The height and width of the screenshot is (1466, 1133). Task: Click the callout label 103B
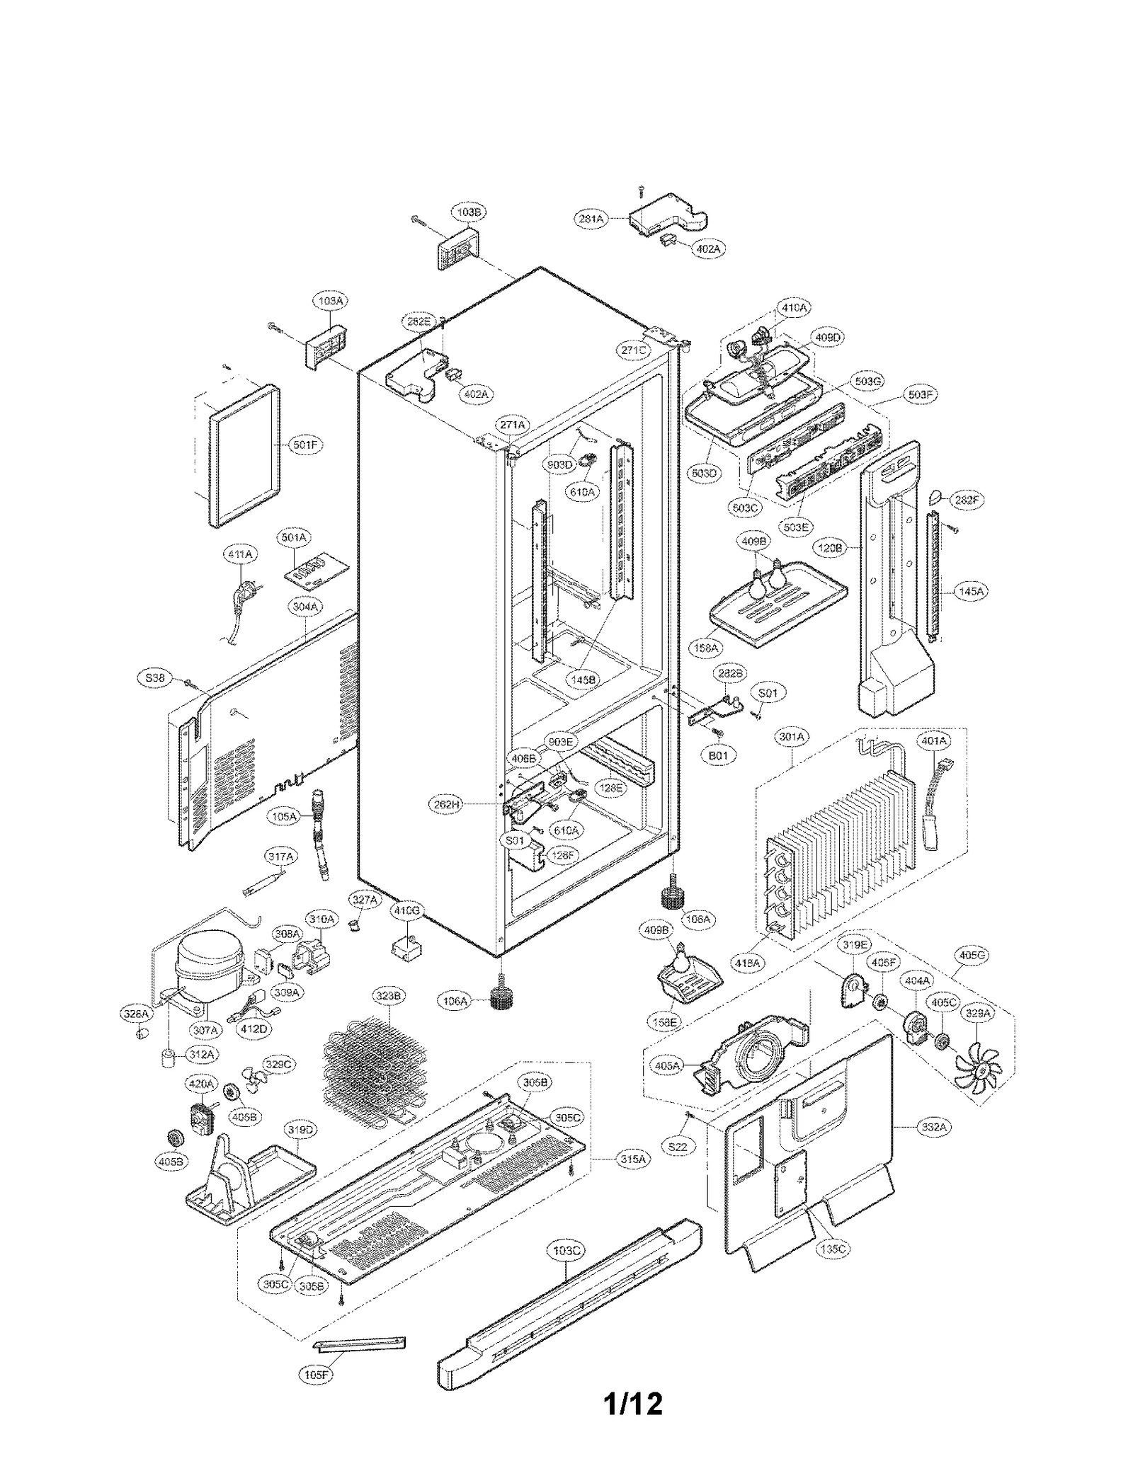469,212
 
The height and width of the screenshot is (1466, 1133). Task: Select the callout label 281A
591,219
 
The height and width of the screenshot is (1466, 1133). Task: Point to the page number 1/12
633,1402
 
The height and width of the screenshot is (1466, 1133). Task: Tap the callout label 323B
389,996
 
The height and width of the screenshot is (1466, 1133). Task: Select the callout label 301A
792,737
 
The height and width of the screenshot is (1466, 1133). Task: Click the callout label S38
154,678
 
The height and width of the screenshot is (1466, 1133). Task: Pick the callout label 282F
967,500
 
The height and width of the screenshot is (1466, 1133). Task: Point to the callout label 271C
632,350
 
